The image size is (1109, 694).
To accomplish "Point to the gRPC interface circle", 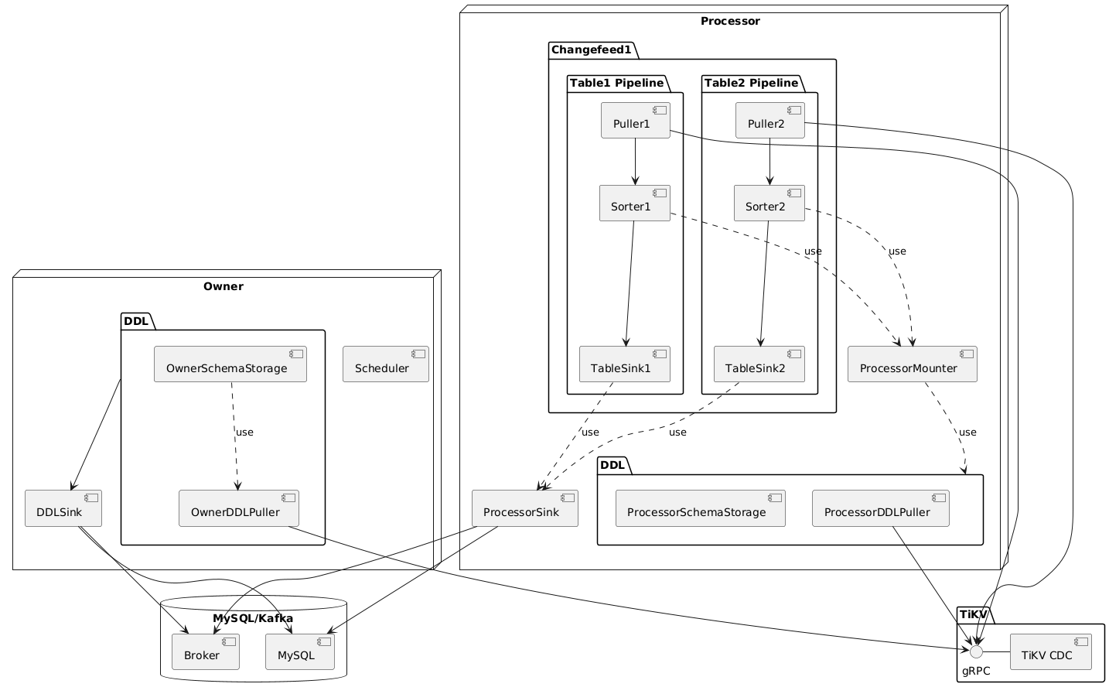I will click(977, 652).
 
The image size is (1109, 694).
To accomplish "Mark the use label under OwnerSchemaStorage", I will click(244, 432).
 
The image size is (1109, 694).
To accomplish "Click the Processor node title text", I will click(729, 20).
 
